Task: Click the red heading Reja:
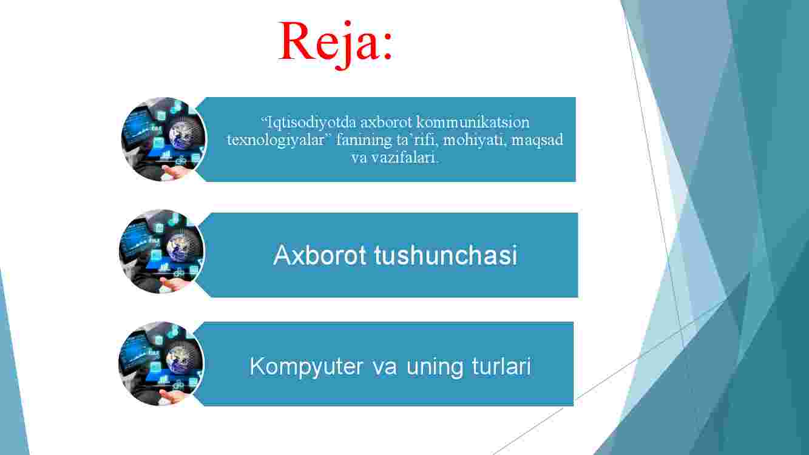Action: (336, 44)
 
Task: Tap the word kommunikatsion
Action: (473, 122)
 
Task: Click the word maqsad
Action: (537, 140)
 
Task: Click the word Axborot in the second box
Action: (320, 255)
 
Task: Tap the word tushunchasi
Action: (445, 255)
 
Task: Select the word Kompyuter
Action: (306, 367)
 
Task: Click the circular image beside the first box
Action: (164, 139)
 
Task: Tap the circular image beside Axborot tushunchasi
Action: (161, 251)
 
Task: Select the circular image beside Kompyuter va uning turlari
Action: (161, 363)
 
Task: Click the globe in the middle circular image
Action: (183, 244)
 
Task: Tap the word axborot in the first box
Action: (386, 123)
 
